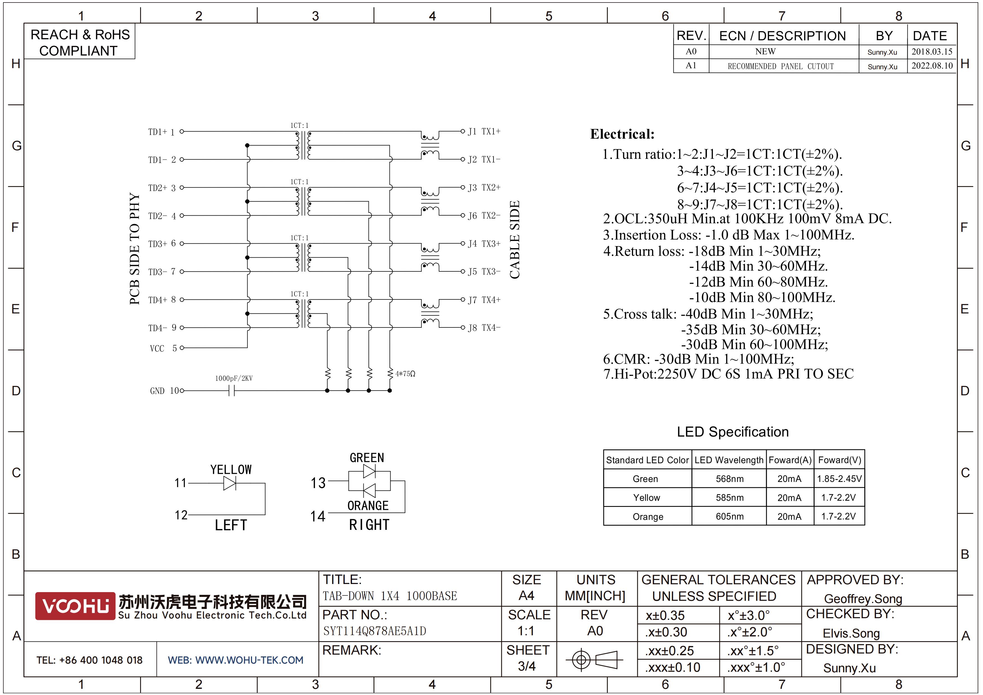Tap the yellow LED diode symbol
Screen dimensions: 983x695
pyautogui.click(x=230, y=483)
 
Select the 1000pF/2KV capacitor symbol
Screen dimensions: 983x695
pyautogui.click(x=232, y=391)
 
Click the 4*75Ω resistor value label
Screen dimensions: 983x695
pyautogui.click(x=405, y=374)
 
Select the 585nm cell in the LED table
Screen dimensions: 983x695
pyautogui.click(x=729, y=498)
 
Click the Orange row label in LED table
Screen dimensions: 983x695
pyautogui.click(x=648, y=516)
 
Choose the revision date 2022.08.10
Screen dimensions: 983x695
pyautogui.click(x=932, y=66)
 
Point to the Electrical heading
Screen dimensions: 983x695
pyautogui.click(x=622, y=134)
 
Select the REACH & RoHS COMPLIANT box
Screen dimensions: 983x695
pyautogui.click(x=80, y=42)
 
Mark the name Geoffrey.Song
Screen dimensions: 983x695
pyautogui.click(x=863, y=599)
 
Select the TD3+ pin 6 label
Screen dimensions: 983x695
pyautogui.click(x=162, y=244)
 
